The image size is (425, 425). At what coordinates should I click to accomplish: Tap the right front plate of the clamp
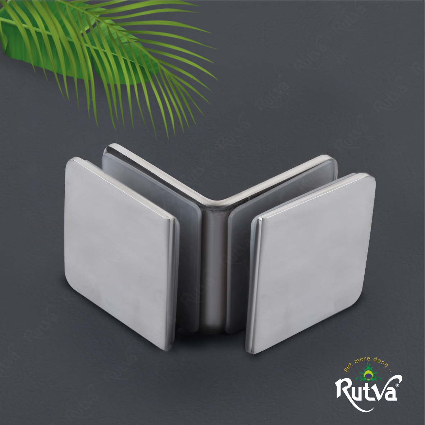pyautogui.click(x=312, y=263)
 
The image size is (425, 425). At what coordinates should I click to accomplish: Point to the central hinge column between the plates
pyautogui.click(x=215, y=268)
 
